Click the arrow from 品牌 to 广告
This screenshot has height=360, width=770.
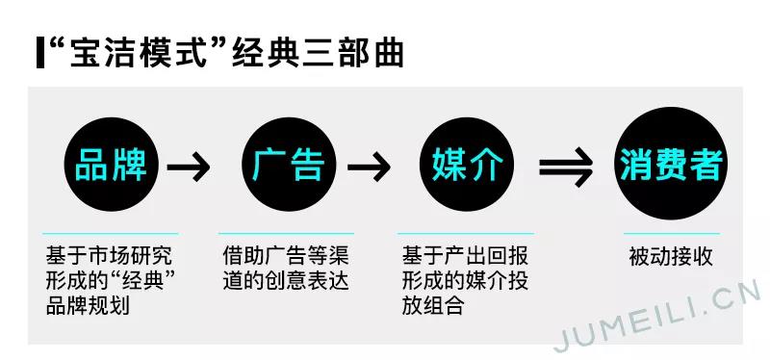coord(189,168)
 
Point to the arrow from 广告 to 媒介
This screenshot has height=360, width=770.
coord(369,168)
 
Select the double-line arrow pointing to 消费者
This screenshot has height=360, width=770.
coord(565,168)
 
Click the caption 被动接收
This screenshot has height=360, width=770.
coord(671,257)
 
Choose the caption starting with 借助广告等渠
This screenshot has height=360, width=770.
coord(285,269)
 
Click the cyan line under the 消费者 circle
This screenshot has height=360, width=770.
coord(671,233)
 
